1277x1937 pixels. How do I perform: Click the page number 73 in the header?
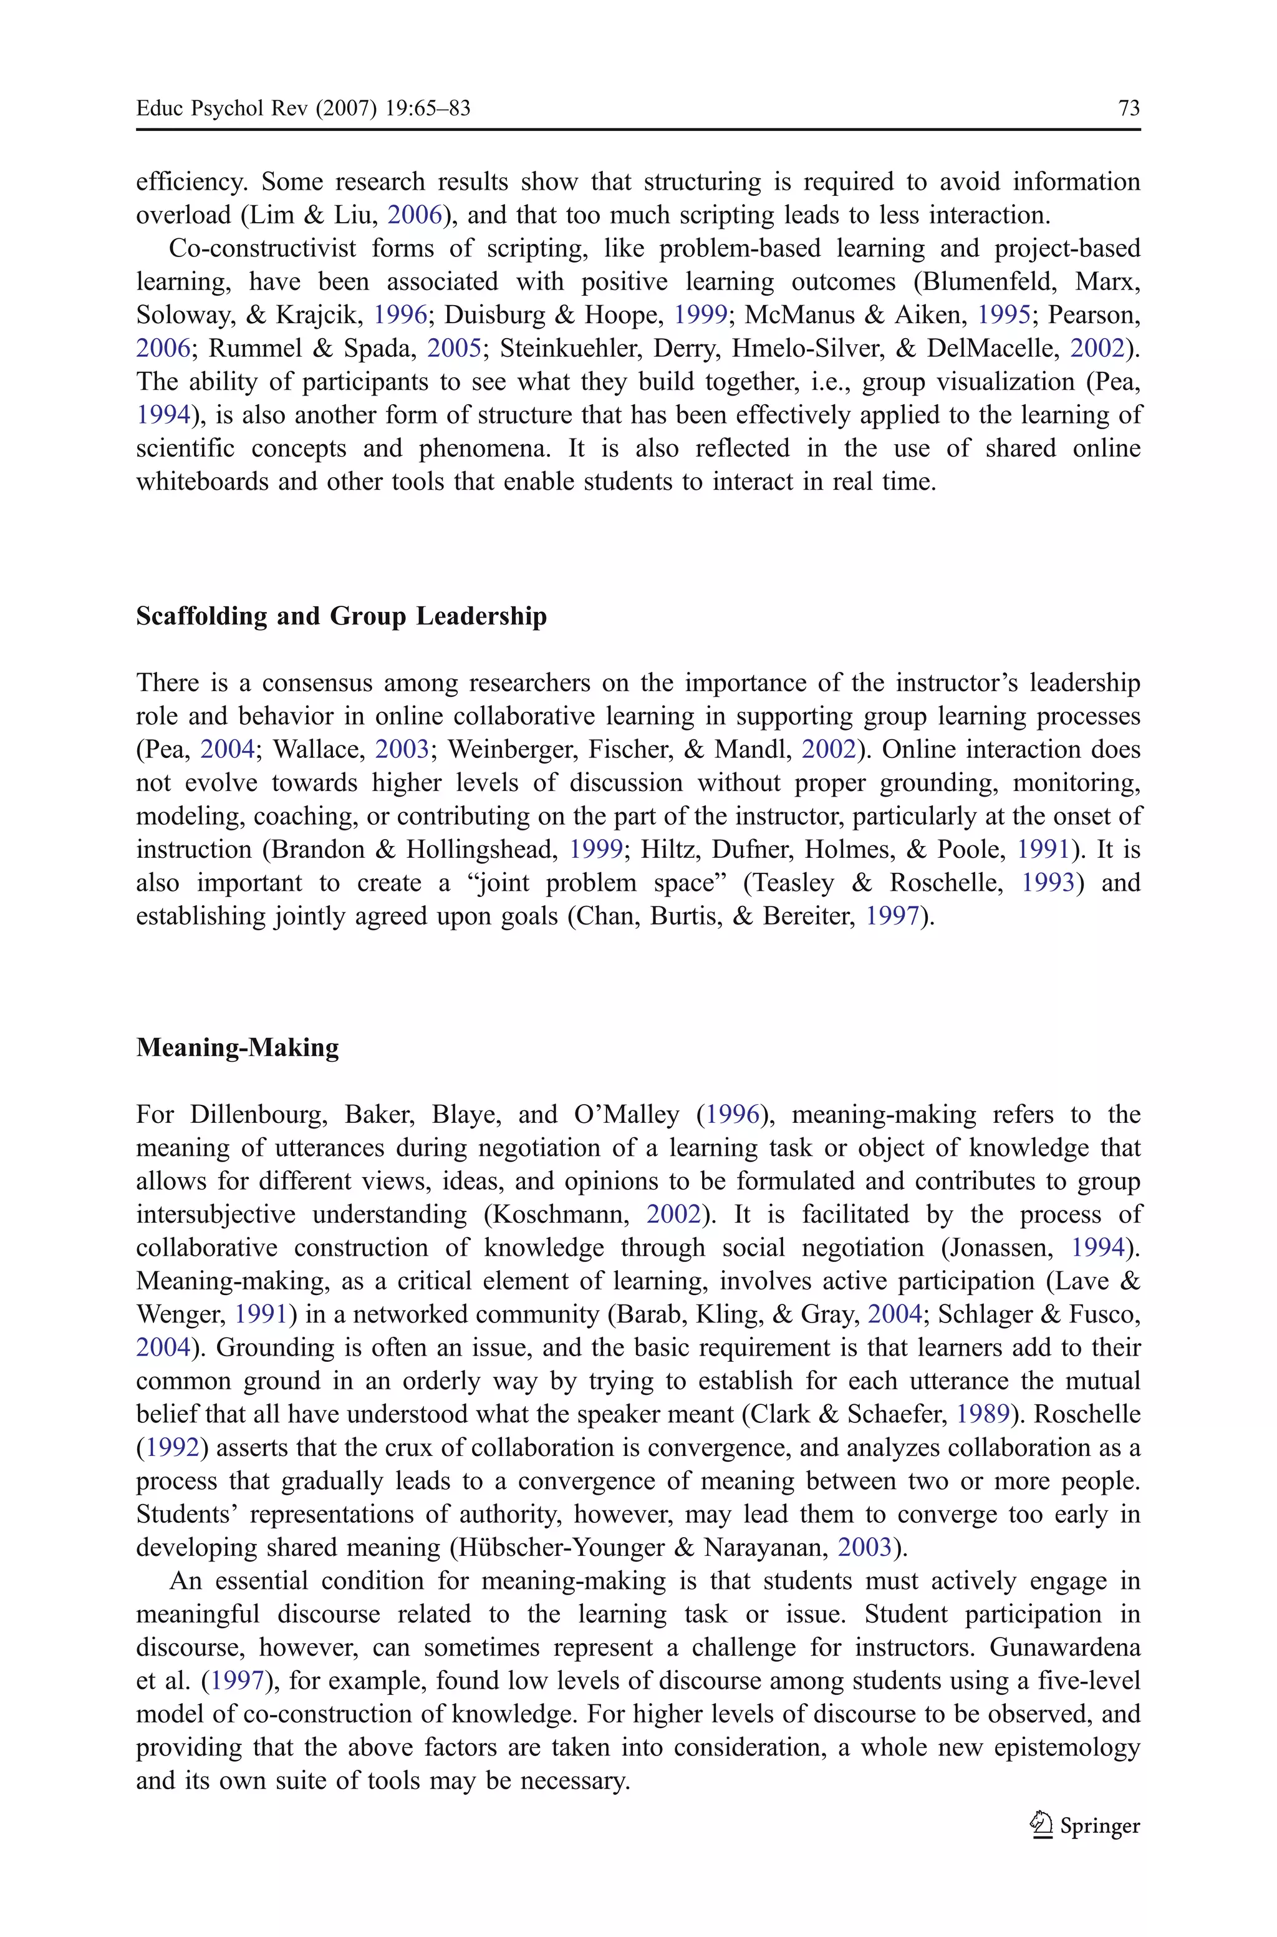click(1129, 109)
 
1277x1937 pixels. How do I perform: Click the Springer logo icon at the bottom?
click(1040, 1825)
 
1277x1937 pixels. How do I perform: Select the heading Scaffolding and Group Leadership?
click(341, 616)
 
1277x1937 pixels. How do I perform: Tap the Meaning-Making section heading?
click(237, 1047)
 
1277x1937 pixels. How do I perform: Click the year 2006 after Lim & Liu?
click(414, 215)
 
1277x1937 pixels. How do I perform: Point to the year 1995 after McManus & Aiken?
click(1003, 315)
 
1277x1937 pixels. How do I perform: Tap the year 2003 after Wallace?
click(402, 749)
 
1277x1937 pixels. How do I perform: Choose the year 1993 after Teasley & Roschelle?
click(1048, 883)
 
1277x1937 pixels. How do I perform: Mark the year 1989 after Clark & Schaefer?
click(982, 1415)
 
